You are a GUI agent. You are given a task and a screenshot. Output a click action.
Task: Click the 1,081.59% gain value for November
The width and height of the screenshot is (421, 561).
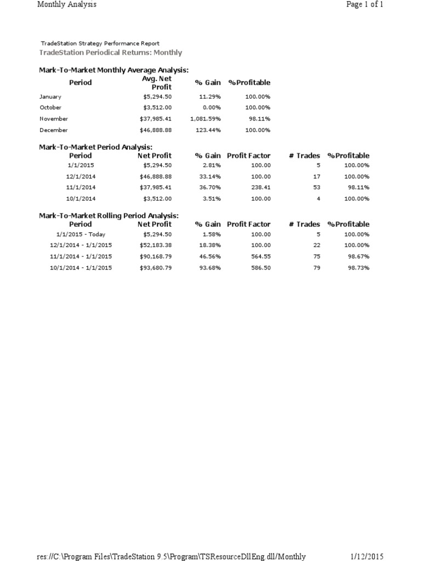click(x=206, y=119)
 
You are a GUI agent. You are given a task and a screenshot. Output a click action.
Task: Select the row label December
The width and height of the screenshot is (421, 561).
click(x=54, y=130)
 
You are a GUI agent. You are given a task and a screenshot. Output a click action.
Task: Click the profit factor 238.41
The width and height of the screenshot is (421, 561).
click(x=261, y=187)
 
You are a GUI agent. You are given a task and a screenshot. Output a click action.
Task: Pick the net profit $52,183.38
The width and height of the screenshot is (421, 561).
click(x=156, y=245)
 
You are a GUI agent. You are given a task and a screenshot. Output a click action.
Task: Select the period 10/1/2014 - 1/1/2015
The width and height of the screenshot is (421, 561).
click(x=81, y=268)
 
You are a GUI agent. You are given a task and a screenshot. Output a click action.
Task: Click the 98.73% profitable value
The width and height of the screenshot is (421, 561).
click(x=357, y=268)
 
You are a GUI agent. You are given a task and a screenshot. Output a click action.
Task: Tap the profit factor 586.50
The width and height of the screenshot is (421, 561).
click(x=261, y=268)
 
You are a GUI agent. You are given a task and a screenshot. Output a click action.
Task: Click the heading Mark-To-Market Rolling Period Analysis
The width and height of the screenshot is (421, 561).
click(x=109, y=216)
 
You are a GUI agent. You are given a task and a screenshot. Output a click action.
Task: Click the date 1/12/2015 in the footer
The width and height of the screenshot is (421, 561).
click(x=367, y=557)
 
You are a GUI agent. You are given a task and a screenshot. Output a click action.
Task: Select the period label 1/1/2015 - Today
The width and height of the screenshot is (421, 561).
click(x=81, y=234)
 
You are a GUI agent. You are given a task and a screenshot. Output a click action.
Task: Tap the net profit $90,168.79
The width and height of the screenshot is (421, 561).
click(x=156, y=256)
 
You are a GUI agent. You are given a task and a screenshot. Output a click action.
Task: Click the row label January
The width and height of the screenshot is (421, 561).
click(x=50, y=97)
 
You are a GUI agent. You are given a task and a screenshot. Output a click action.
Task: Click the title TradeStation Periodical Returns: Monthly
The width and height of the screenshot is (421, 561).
click(x=111, y=53)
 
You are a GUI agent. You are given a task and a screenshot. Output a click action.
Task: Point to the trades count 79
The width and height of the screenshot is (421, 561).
click(x=316, y=268)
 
